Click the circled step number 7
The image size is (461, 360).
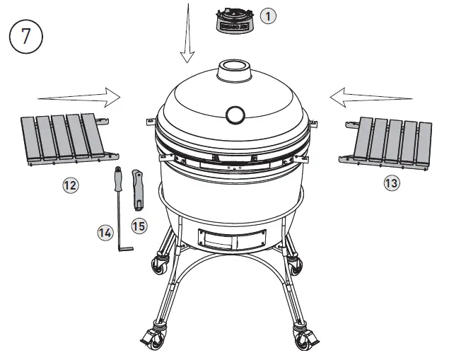coord(26,37)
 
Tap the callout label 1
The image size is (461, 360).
coord(267,16)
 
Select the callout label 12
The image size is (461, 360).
coord(70,186)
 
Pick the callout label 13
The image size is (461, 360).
coord(392,183)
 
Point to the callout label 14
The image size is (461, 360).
coord(105,231)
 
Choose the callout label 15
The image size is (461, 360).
coord(139,226)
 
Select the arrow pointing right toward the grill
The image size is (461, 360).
coord(78,95)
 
